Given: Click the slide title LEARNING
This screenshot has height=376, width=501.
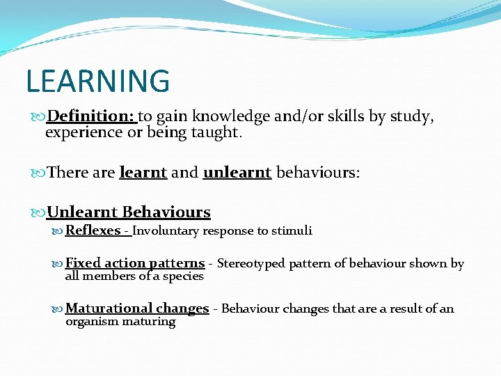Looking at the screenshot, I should point(97,81).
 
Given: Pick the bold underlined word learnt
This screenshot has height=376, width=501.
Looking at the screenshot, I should point(143,172).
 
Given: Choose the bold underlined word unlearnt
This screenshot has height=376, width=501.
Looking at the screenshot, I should point(237,172).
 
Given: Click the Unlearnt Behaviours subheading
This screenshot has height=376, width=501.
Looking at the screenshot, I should point(128,212).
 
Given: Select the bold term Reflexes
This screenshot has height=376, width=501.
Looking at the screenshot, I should point(93,230).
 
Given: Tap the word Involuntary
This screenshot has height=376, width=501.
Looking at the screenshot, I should point(166,230).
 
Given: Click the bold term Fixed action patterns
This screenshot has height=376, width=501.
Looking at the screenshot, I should point(135,263).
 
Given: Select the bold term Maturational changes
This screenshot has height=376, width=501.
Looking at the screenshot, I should point(137,308).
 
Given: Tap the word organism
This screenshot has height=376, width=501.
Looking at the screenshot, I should point(90,321).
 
